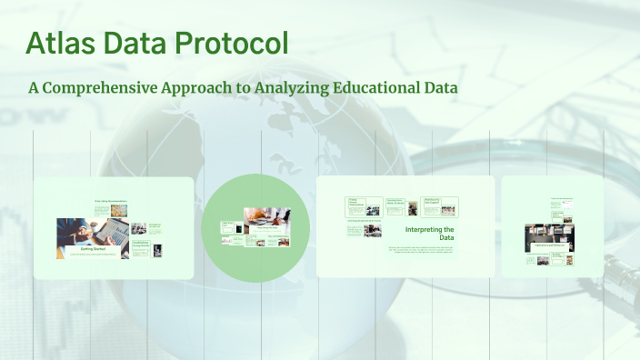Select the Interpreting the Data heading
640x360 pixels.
coord(429,234)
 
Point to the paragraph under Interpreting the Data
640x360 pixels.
coord(421,250)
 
